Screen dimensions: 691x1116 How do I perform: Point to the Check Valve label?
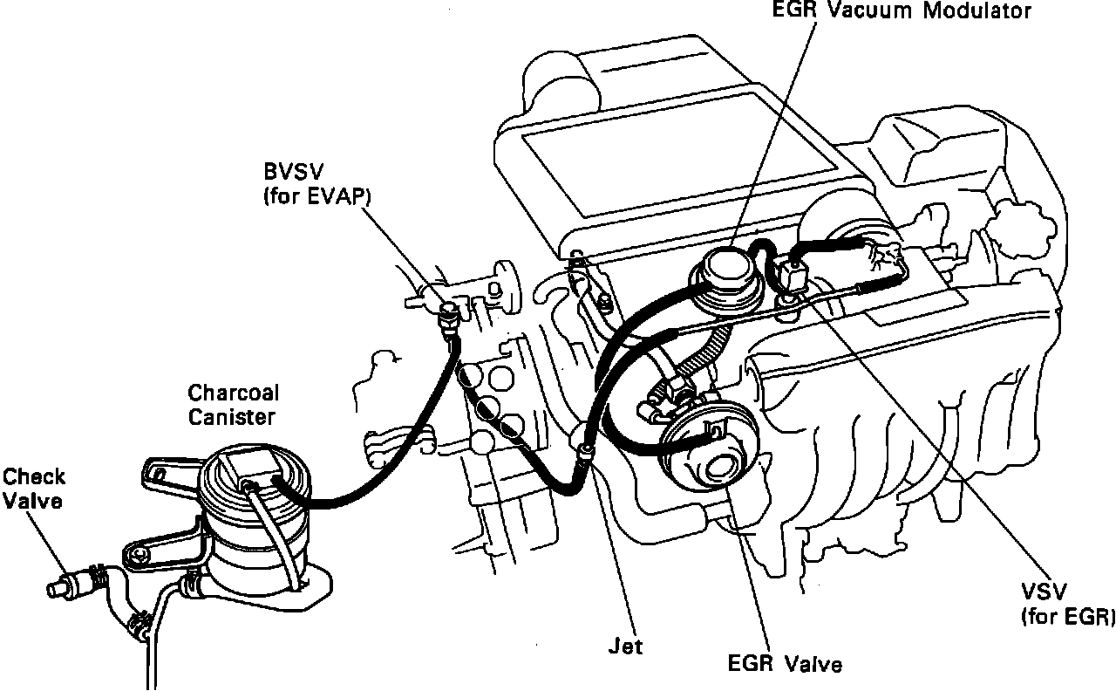(x=33, y=489)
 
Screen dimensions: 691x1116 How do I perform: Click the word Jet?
(x=624, y=647)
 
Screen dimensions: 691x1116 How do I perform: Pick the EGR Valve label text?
(x=785, y=664)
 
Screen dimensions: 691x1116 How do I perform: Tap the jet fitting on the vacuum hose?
(x=585, y=452)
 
